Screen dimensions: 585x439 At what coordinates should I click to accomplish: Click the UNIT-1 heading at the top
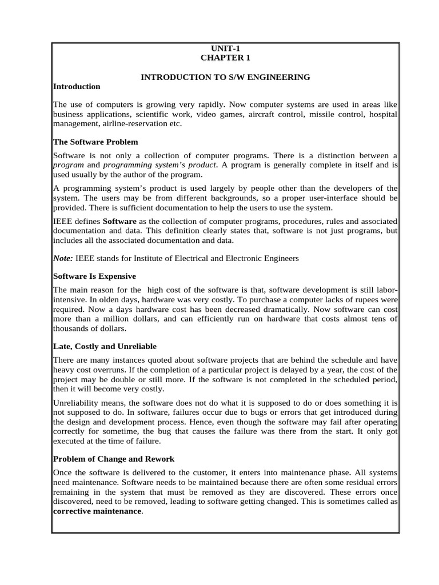click(x=225, y=49)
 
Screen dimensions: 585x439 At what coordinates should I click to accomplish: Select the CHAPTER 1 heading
click(x=225, y=58)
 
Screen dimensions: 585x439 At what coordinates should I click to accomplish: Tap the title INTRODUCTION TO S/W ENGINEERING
click(x=225, y=77)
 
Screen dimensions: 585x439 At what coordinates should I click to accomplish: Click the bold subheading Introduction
click(x=76, y=86)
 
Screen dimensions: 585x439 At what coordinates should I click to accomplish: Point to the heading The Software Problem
click(x=95, y=142)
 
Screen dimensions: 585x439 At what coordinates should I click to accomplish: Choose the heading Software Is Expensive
click(x=94, y=276)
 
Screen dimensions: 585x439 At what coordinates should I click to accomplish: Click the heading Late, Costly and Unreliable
click(x=105, y=346)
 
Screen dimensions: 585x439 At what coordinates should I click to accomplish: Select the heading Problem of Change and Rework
click(x=114, y=459)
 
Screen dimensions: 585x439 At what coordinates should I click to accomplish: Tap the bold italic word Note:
click(x=63, y=258)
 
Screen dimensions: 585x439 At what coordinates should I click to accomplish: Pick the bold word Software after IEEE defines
click(x=119, y=221)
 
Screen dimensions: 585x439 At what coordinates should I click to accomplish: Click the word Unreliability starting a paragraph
click(x=75, y=404)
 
